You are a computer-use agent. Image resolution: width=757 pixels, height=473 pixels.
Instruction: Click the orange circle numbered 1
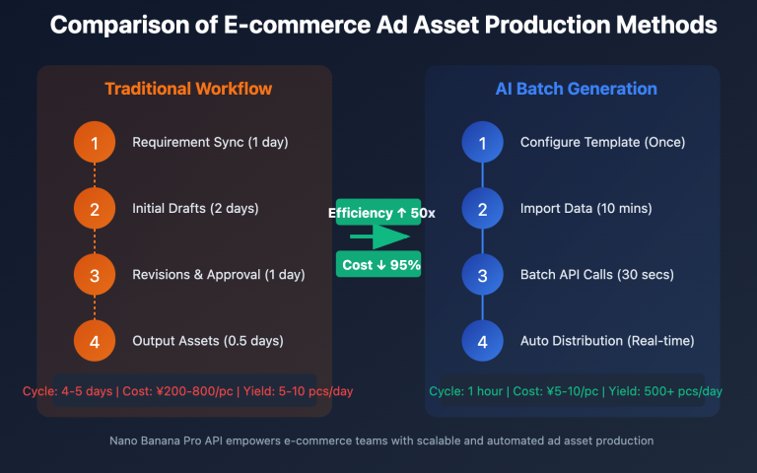coord(95,144)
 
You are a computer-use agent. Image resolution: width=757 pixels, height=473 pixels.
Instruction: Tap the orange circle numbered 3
coord(95,275)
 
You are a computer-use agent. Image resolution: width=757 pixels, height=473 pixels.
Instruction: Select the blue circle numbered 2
coord(482,209)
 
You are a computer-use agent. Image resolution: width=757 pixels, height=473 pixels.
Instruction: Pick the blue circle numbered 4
coord(482,341)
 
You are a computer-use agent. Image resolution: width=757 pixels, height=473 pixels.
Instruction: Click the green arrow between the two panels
coord(378,237)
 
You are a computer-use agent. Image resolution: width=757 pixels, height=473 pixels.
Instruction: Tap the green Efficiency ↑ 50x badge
coord(378,213)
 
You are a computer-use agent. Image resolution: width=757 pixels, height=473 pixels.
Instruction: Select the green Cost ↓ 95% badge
coord(378,264)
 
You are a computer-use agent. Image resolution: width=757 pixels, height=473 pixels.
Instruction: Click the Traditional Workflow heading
coord(188,90)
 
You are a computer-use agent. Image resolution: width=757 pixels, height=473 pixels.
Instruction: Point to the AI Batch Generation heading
coord(576,90)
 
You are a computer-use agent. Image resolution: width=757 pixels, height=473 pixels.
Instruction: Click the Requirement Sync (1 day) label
coord(210,143)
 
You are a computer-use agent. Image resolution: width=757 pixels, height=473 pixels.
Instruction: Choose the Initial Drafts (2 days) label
coord(195,209)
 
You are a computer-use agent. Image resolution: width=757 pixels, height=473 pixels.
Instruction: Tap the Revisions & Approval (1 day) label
coord(219,275)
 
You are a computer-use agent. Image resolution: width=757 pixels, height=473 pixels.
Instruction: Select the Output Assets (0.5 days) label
coord(207,341)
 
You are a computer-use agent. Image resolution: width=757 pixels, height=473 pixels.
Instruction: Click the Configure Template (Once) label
coord(602,143)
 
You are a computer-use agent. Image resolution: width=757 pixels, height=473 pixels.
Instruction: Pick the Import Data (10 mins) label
coord(585,209)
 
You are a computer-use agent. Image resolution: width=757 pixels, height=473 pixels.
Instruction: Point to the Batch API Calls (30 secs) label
coord(597,275)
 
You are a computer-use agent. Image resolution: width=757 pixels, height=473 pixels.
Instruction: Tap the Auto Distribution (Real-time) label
coord(607,341)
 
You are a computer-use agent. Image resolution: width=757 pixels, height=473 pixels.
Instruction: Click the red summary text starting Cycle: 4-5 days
coord(187,391)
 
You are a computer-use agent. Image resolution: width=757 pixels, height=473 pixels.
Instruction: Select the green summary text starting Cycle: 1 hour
coord(576,391)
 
